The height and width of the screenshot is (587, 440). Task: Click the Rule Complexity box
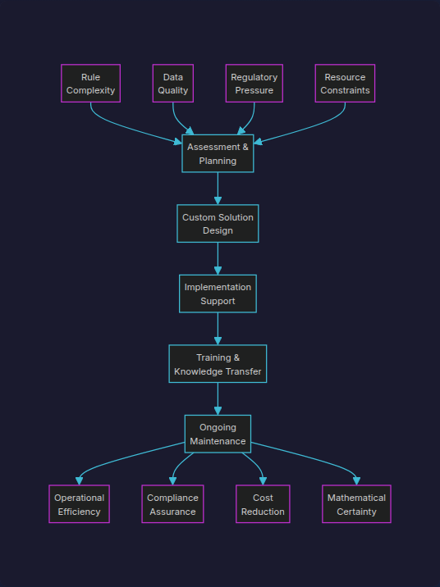tap(90, 84)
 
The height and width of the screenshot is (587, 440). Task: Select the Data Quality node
tap(173, 84)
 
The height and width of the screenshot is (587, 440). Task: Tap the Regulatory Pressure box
tap(254, 84)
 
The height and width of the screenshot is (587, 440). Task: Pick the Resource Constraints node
tap(345, 84)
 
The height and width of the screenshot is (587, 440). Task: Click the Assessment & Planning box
tap(218, 153)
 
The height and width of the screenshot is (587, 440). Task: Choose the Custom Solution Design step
tap(218, 224)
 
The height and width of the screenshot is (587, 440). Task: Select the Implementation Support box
tap(218, 293)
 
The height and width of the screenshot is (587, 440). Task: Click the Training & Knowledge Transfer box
tap(218, 364)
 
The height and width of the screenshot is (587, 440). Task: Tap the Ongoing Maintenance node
tap(218, 434)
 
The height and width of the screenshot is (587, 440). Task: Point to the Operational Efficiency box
tap(79, 504)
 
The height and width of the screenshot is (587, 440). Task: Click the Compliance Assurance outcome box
tap(172, 504)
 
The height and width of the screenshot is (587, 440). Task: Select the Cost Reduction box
tap(263, 504)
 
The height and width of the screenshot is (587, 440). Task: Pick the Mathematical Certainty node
tap(356, 504)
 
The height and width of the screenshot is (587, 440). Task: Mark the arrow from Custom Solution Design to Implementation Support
tap(218, 258)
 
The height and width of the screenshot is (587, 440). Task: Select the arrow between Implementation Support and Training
tap(218, 329)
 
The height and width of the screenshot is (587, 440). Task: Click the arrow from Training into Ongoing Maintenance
tap(218, 398)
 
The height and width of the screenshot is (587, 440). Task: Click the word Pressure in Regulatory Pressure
tap(254, 90)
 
